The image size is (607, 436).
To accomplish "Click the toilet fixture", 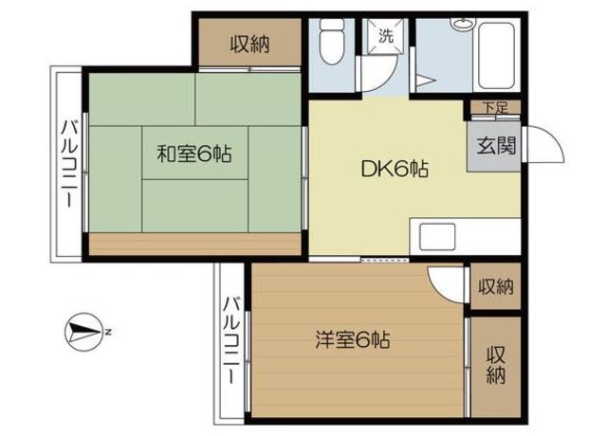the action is tap(332, 42).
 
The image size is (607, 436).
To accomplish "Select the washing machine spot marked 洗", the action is tap(386, 36).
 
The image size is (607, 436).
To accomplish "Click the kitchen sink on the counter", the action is tap(437, 236).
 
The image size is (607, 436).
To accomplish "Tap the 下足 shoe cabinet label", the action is tap(495, 107).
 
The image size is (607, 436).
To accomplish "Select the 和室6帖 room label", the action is tap(194, 154).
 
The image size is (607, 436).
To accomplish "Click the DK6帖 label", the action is tap(395, 169).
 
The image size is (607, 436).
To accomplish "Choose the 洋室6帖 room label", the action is tap(352, 340).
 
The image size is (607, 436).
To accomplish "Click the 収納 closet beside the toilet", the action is tap(250, 45).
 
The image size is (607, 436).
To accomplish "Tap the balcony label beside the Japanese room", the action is tap(70, 164).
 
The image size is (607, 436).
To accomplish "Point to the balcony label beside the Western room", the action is tap(233, 340).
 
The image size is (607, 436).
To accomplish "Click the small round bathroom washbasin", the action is tap(462, 24).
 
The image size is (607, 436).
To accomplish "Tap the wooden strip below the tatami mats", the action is tap(195, 244).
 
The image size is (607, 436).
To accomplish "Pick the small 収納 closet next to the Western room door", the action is tap(496, 286).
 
